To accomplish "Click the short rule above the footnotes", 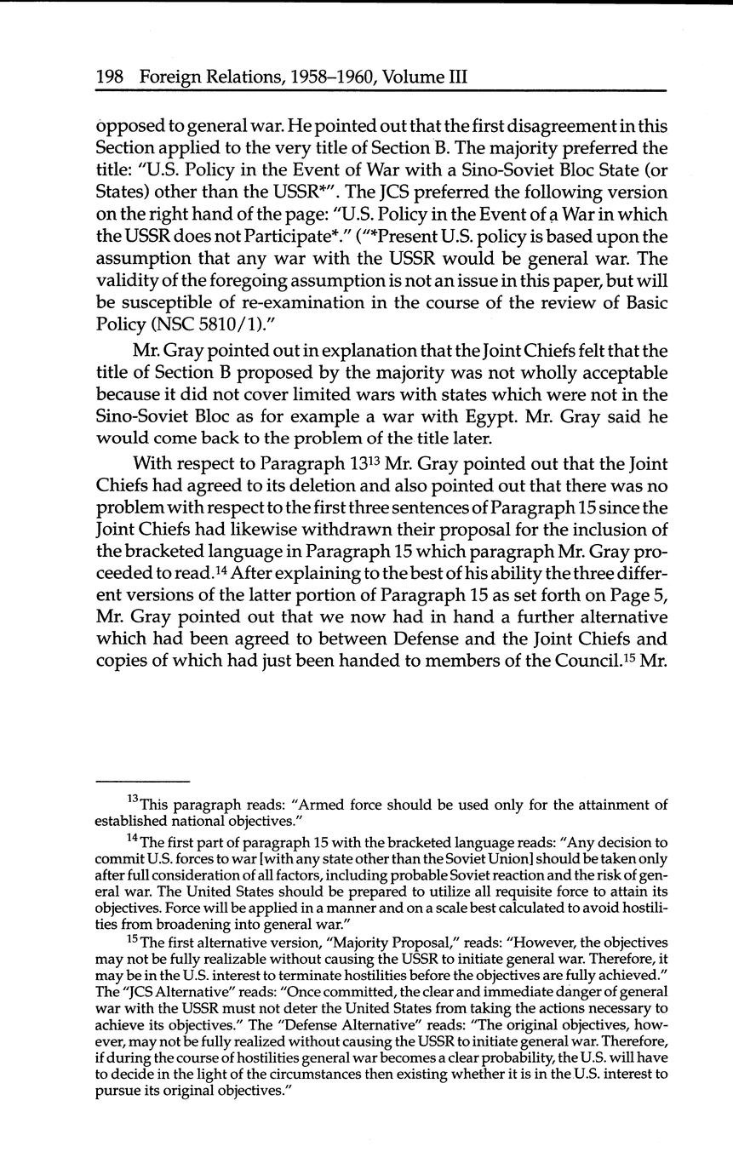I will [x=141, y=780].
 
